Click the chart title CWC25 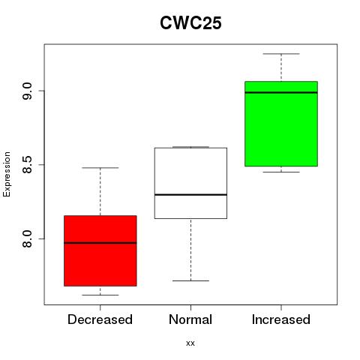(x=190, y=23)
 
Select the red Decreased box (x=100, y=250)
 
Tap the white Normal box (x=190, y=183)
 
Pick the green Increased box (x=281, y=124)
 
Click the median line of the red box (x=100, y=243)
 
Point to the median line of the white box (x=190, y=194)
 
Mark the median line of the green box (x=281, y=92)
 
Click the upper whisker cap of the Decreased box (x=100, y=168)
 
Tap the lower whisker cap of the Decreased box (x=100, y=295)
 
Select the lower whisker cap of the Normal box (x=190, y=280)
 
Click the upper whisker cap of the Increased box (x=281, y=54)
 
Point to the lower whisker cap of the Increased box (x=281, y=172)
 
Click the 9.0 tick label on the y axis (x=27, y=91)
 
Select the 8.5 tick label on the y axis (x=27, y=165)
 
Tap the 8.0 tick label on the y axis (x=27, y=238)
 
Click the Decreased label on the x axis (x=100, y=319)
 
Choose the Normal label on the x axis (x=190, y=319)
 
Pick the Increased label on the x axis (x=281, y=319)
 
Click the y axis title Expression (x=7, y=175)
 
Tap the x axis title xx (x=190, y=343)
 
